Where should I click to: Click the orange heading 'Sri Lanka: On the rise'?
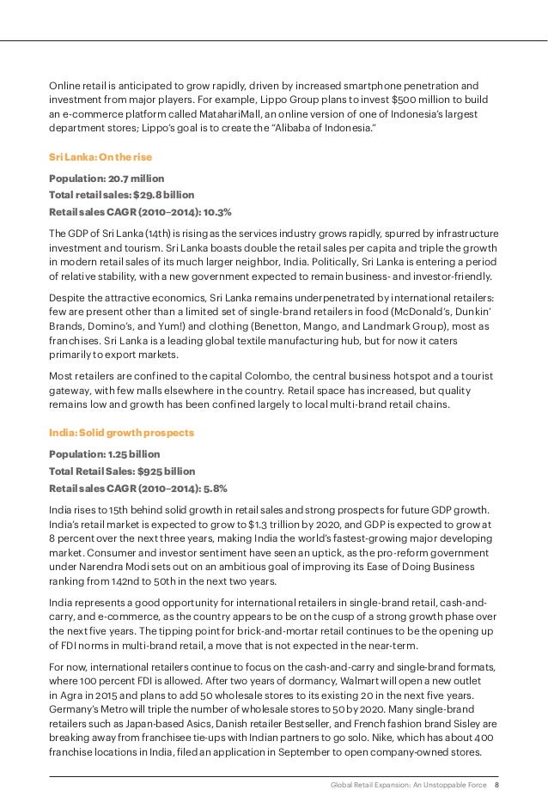(x=100, y=157)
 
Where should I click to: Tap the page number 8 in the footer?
(x=496, y=785)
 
